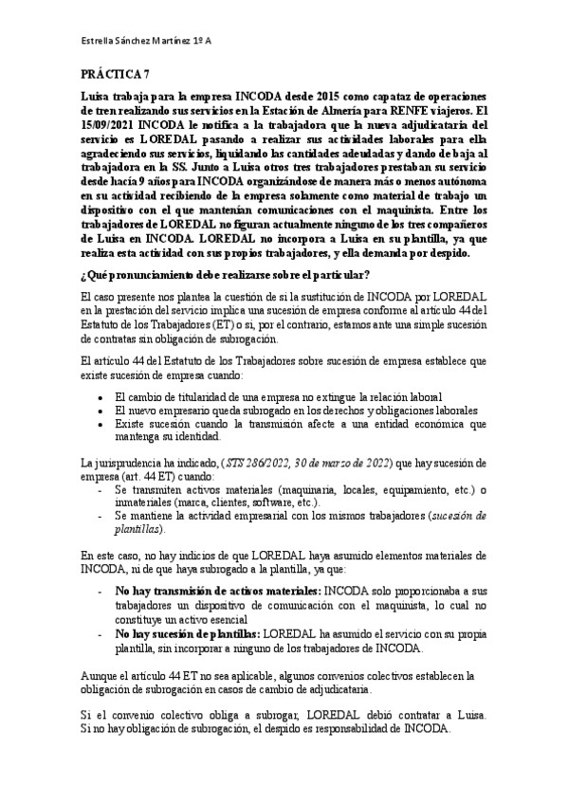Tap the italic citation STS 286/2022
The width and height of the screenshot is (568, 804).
tap(255, 462)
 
